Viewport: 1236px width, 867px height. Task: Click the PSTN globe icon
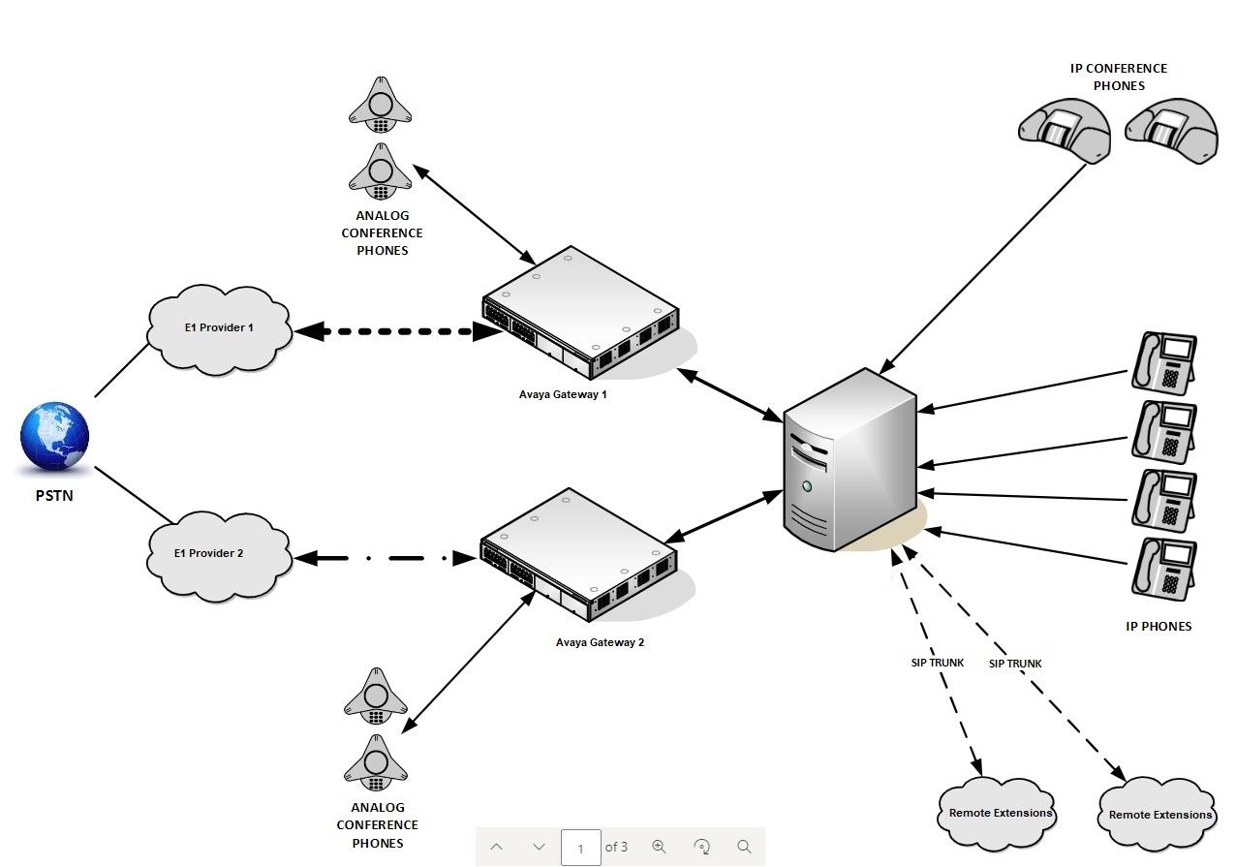click(54, 438)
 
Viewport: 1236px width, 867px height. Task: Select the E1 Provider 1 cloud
click(219, 327)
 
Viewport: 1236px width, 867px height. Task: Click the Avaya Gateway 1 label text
click(562, 395)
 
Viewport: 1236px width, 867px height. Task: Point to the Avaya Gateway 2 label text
click(600, 642)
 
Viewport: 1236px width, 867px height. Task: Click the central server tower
click(849, 460)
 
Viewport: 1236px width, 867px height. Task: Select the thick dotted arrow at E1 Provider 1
click(397, 332)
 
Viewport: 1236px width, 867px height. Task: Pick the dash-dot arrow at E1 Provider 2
click(386, 558)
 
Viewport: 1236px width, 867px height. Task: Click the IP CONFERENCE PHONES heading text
click(1119, 77)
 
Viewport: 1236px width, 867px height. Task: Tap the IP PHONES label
click(1159, 627)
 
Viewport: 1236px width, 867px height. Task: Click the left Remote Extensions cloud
click(1000, 813)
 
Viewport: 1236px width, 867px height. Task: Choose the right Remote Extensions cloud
click(1159, 815)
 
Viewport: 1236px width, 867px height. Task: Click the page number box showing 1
click(580, 848)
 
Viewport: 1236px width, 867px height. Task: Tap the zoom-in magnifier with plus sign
click(660, 847)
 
